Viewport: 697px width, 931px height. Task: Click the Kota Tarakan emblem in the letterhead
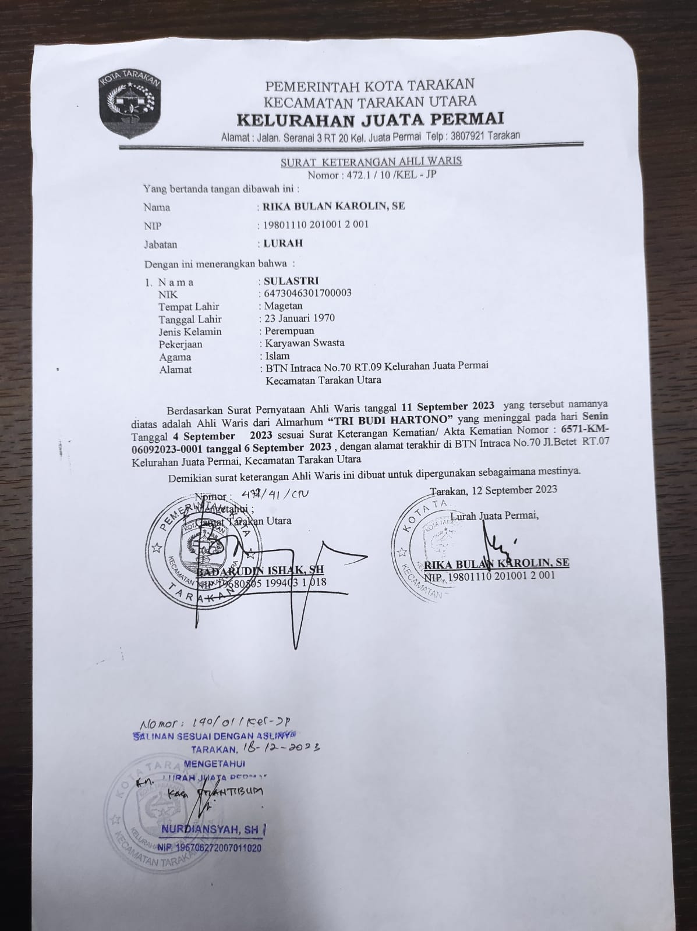pyautogui.click(x=129, y=106)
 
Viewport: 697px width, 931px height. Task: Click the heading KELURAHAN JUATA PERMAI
pyautogui.click(x=370, y=120)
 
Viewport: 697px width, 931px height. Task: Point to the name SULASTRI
pyautogui.click(x=291, y=281)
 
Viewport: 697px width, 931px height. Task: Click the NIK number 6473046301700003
pyautogui.click(x=307, y=293)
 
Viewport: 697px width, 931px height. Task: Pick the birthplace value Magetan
pyautogui.click(x=284, y=306)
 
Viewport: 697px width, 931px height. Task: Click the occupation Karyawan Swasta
pyautogui.click(x=305, y=343)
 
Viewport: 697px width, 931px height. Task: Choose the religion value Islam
pyautogui.click(x=277, y=356)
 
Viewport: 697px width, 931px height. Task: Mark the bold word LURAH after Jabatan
pyautogui.click(x=283, y=244)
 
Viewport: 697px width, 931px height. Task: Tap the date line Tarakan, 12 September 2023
pyautogui.click(x=494, y=489)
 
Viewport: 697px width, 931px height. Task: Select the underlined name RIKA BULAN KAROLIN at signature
pyautogui.click(x=497, y=563)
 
